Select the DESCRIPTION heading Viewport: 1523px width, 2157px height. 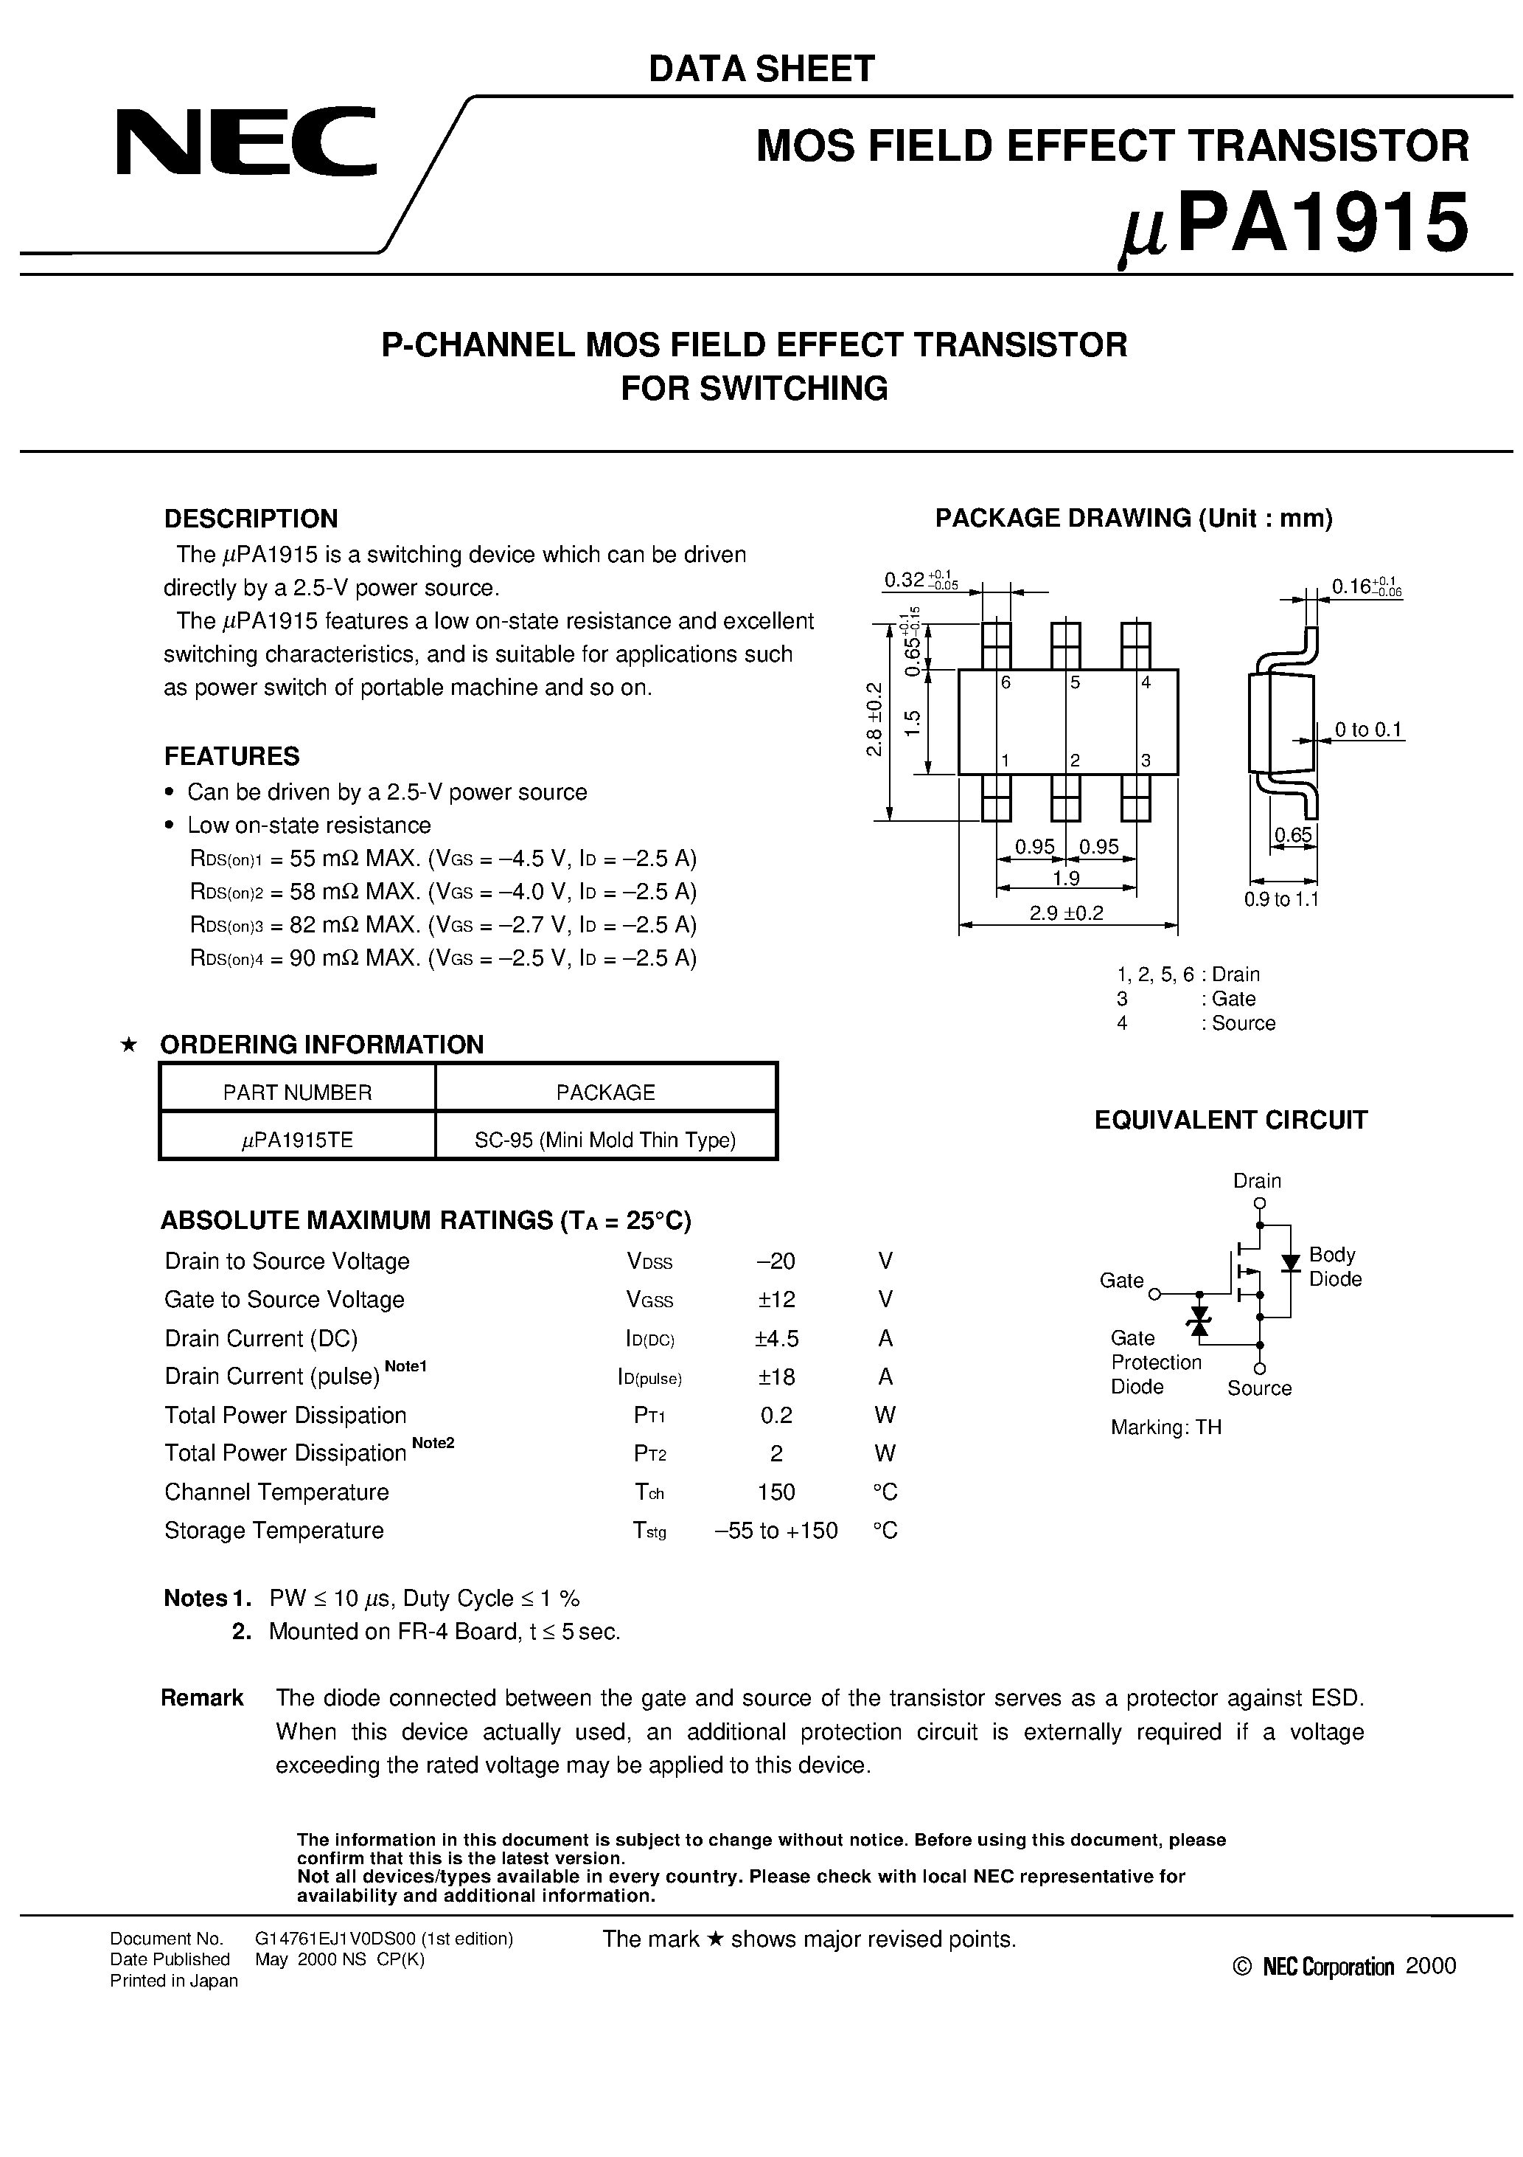pyautogui.click(x=251, y=519)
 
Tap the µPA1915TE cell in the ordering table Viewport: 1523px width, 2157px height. pyautogui.click(x=297, y=1140)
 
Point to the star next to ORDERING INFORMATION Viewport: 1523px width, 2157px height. pyautogui.click(x=130, y=1045)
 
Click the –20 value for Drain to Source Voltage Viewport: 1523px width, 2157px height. pyautogui.click(x=776, y=1261)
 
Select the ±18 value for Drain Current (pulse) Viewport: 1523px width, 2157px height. pyautogui.click(x=776, y=1377)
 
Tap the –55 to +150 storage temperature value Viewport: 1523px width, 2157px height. pyautogui.click(x=776, y=1531)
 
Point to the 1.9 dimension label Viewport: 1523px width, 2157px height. pyautogui.click(x=1066, y=879)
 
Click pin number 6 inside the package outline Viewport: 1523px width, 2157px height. pyautogui.click(x=1006, y=683)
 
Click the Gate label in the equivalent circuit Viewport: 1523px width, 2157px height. pyautogui.click(x=1121, y=1281)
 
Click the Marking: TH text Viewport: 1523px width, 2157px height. pyautogui.click(x=1165, y=1427)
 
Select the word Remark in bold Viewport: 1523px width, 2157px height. pyautogui.click(x=202, y=1697)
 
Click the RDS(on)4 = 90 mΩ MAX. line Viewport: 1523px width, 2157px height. pyautogui.click(x=443, y=958)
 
